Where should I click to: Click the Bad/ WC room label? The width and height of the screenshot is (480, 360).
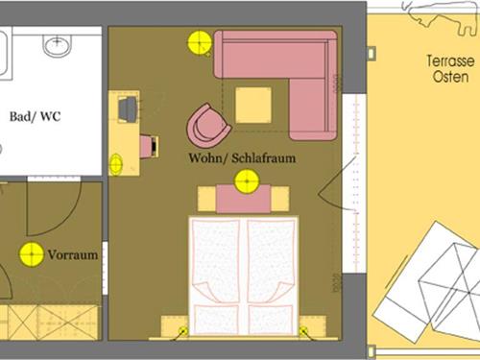pyautogui.click(x=35, y=116)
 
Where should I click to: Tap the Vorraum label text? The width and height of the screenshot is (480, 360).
pyautogui.click(x=73, y=254)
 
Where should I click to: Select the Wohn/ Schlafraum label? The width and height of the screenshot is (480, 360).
pyautogui.click(x=242, y=157)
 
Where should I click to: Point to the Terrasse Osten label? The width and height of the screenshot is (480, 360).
pyautogui.click(x=450, y=69)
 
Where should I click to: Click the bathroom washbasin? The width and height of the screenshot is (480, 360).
pyautogui.click(x=58, y=46)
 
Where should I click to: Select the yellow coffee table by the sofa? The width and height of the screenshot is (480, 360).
pyautogui.click(x=253, y=105)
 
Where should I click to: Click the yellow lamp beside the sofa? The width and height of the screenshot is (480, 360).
pyautogui.click(x=200, y=42)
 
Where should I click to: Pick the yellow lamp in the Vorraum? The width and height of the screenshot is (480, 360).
pyautogui.click(x=32, y=254)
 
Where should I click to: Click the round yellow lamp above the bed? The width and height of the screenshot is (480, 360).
pyautogui.click(x=247, y=181)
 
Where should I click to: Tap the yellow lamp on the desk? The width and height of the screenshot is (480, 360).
pyautogui.click(x=115, y=164)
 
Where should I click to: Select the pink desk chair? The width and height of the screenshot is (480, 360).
pyautogui.click(x=149, y=146)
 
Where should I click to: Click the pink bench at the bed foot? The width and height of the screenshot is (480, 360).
pyautogui.click(x=244, y=199)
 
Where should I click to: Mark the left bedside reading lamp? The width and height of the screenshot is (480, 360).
pyautogui.click(x=182, y=331)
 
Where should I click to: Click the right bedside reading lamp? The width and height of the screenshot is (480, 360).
pyautogui.click(x=303, y=331)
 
